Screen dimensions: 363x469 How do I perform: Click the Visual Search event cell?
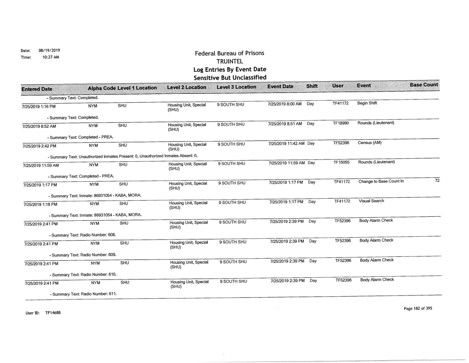[371, 202]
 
